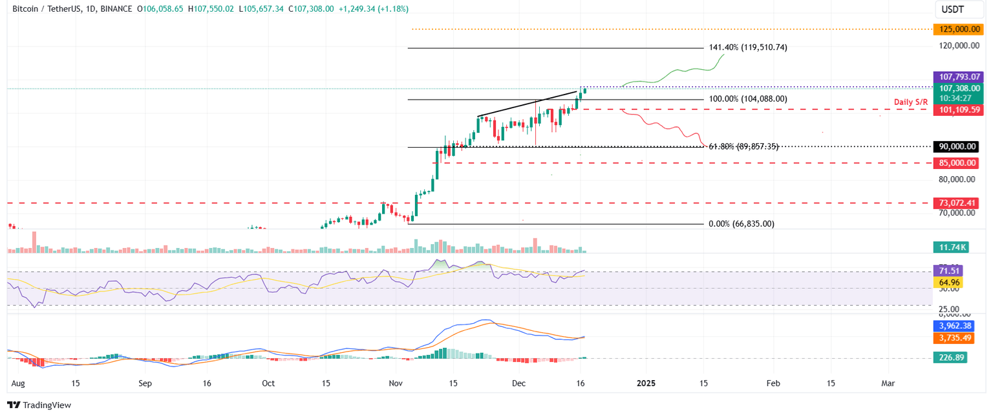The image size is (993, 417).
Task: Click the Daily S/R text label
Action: click(x=911, y=102)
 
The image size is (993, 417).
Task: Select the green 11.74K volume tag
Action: click(x=950, y=247)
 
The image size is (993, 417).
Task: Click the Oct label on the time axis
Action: click(x=268, y=383)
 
